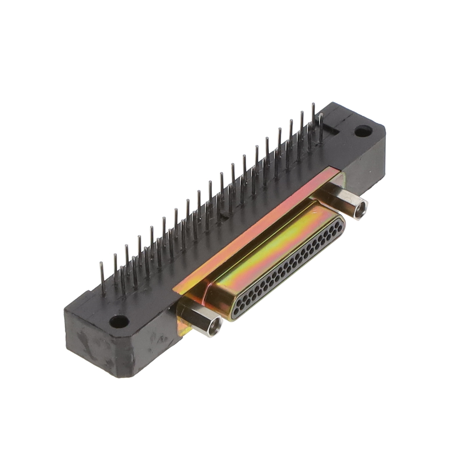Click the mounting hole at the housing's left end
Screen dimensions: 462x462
click(119, 321)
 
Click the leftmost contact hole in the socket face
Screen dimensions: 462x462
click(237, 307)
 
